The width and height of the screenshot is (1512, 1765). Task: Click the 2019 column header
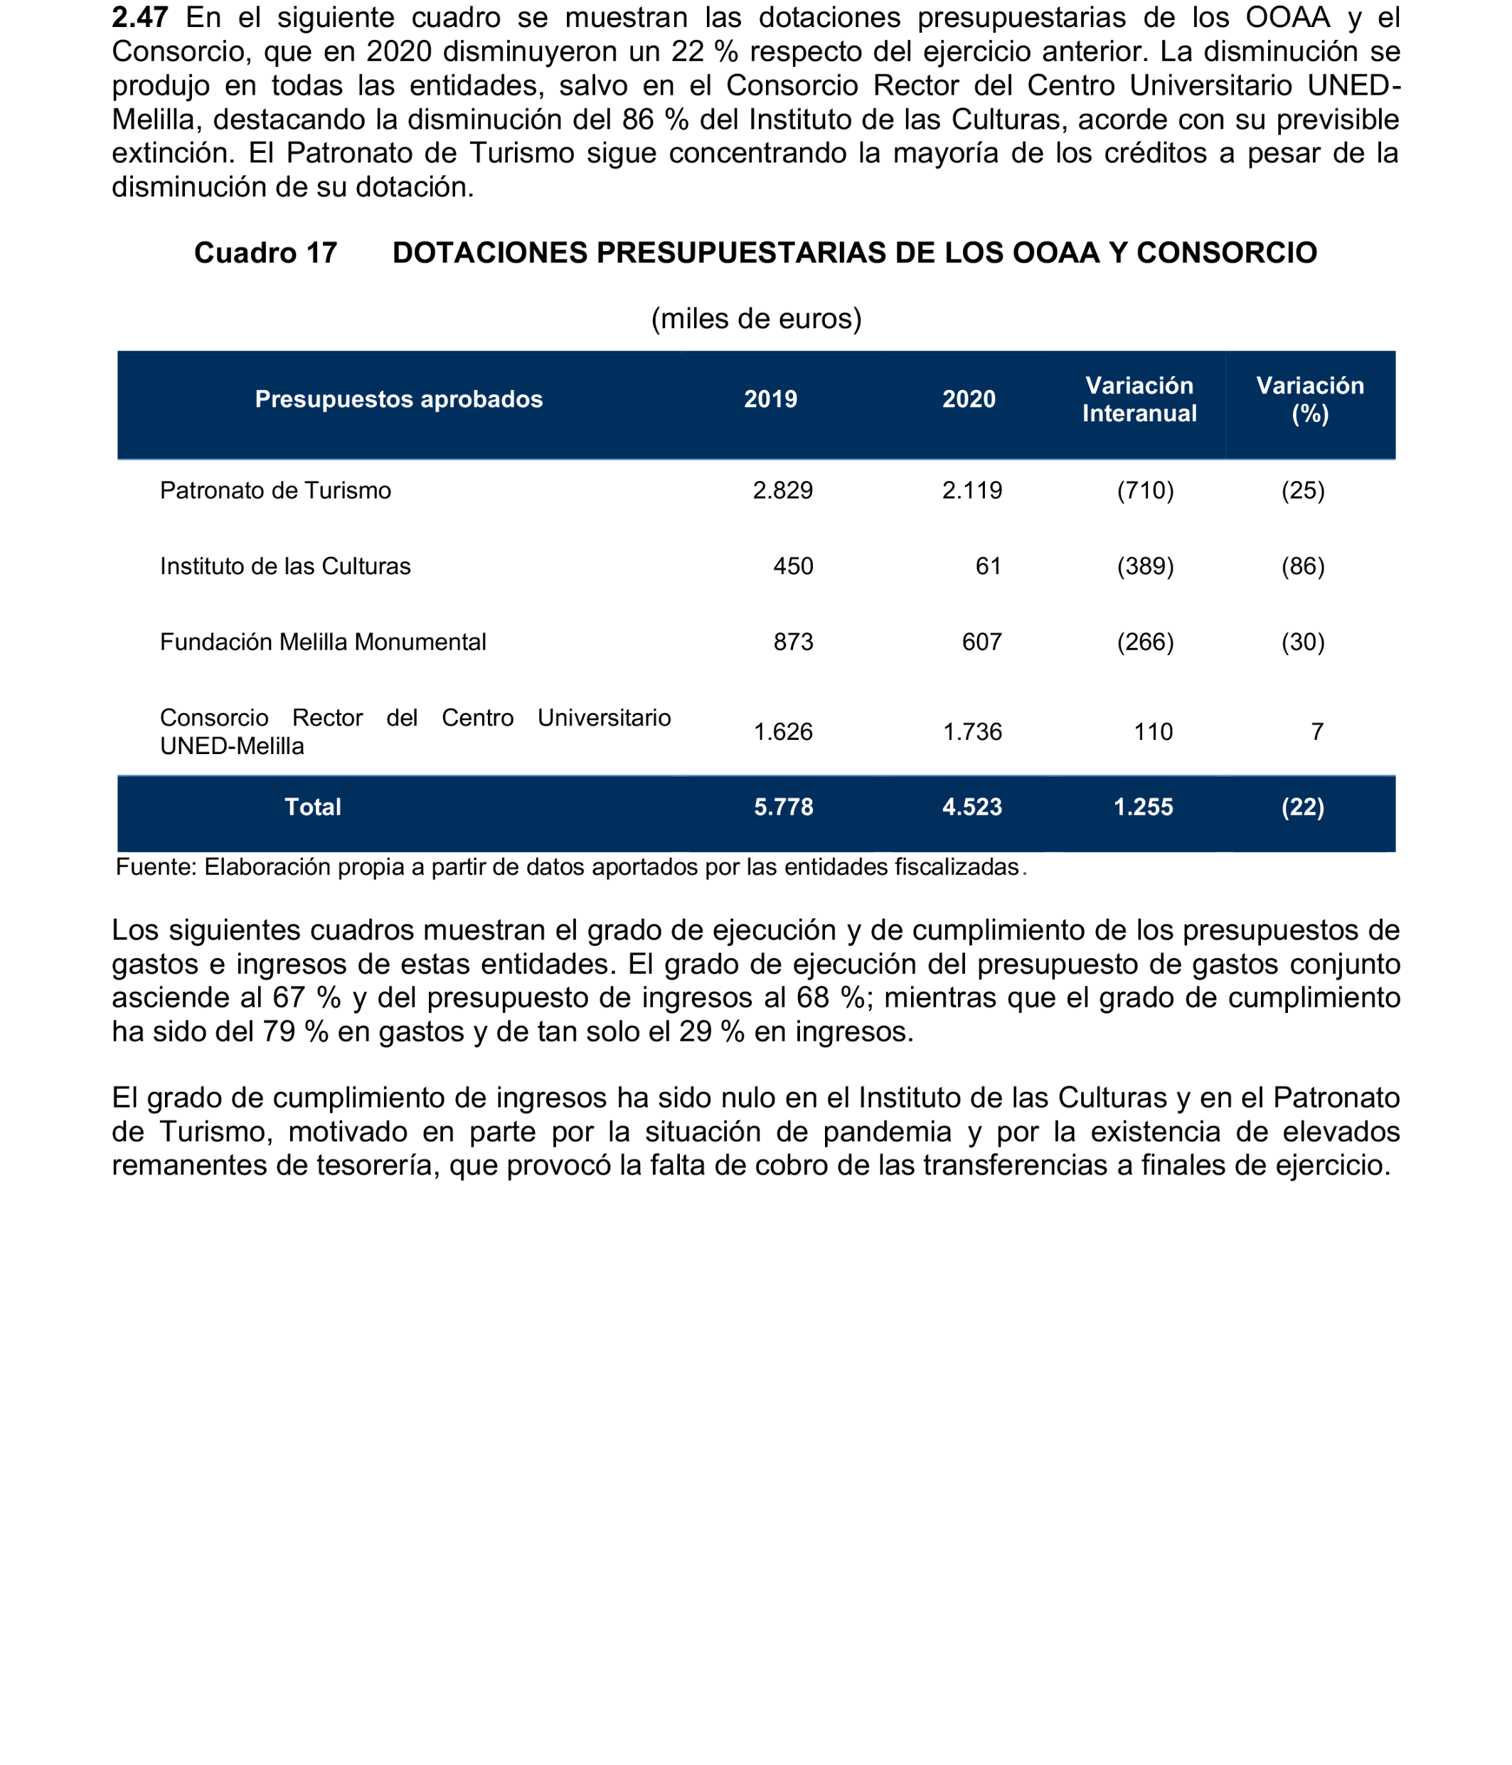[770, 400]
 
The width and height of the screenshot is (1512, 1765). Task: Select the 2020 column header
[968, 400]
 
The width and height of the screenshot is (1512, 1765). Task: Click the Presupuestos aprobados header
[398, 400]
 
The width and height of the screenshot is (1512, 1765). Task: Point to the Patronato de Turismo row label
[275, 491]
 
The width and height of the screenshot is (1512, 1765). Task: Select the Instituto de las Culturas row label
[284, 566]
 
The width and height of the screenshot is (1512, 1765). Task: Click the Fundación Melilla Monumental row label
[323, 642]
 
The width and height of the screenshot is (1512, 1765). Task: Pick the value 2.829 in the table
[782, 491]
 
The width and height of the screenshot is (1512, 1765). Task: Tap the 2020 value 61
[988, 566]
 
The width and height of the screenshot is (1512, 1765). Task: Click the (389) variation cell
[1145, 566]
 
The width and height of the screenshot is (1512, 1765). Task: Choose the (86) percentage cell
[1303, 566]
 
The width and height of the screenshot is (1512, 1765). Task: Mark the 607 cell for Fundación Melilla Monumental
[981, 642]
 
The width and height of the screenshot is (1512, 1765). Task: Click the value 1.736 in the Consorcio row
[971, 732]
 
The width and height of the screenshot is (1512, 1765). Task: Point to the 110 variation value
[1153, 732]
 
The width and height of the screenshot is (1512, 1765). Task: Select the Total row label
[312, 807]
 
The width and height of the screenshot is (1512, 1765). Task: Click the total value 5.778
[783, 807]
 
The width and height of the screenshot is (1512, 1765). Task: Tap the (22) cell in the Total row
[1303, 807]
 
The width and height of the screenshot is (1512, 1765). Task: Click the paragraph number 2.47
[139, 17]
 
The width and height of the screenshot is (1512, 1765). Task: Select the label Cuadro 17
[265, 253]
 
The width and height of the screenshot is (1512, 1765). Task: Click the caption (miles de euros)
[756, 319]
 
